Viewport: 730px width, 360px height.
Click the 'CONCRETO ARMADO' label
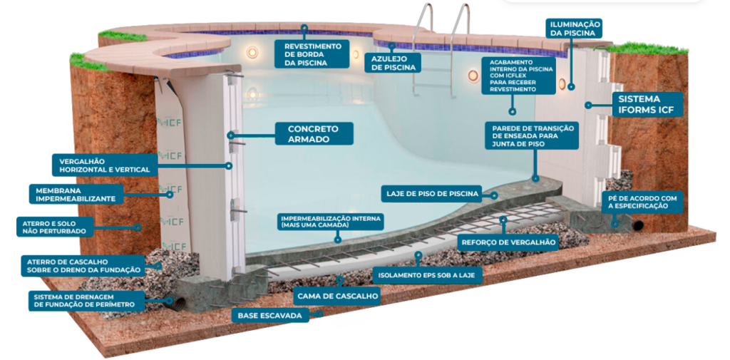[309, 134]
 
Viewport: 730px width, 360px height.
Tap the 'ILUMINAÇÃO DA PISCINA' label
[575, 28]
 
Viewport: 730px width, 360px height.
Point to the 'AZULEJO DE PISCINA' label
[391, 63]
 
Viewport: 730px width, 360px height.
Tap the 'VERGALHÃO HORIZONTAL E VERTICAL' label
[104, 165]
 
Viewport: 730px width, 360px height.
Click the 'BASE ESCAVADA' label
[270, 314]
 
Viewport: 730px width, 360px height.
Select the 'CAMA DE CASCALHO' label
[336, 294]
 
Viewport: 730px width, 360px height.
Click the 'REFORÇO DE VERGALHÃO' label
[508, 242]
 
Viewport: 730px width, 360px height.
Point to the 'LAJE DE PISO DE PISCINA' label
[431, 193]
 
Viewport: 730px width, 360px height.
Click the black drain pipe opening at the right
[638, 225]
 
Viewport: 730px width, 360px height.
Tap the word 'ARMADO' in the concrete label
[309, 140]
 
